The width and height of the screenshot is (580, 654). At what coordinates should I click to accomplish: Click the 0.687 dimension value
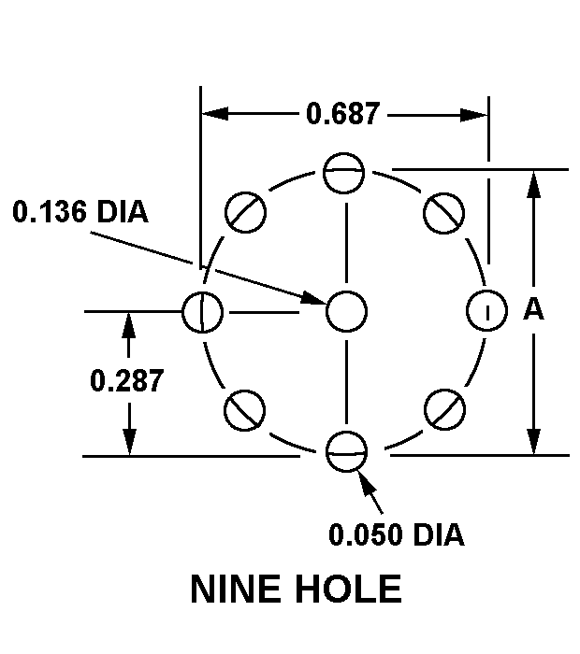343,114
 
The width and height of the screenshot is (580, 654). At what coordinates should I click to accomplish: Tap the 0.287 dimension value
127,380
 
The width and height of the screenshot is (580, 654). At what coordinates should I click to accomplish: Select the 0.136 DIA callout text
80,212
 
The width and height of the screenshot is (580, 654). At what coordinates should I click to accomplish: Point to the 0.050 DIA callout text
396,534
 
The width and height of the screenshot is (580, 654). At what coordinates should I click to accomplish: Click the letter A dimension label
533,310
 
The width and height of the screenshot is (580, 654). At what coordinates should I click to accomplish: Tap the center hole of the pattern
346,310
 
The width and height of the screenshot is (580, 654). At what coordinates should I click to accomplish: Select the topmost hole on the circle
344,172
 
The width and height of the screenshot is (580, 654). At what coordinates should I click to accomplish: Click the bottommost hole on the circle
346,452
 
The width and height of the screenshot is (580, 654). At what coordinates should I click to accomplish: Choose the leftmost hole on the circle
202,310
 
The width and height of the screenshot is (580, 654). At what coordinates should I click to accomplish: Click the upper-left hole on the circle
247,212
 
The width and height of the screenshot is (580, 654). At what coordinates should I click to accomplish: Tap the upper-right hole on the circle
442,212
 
